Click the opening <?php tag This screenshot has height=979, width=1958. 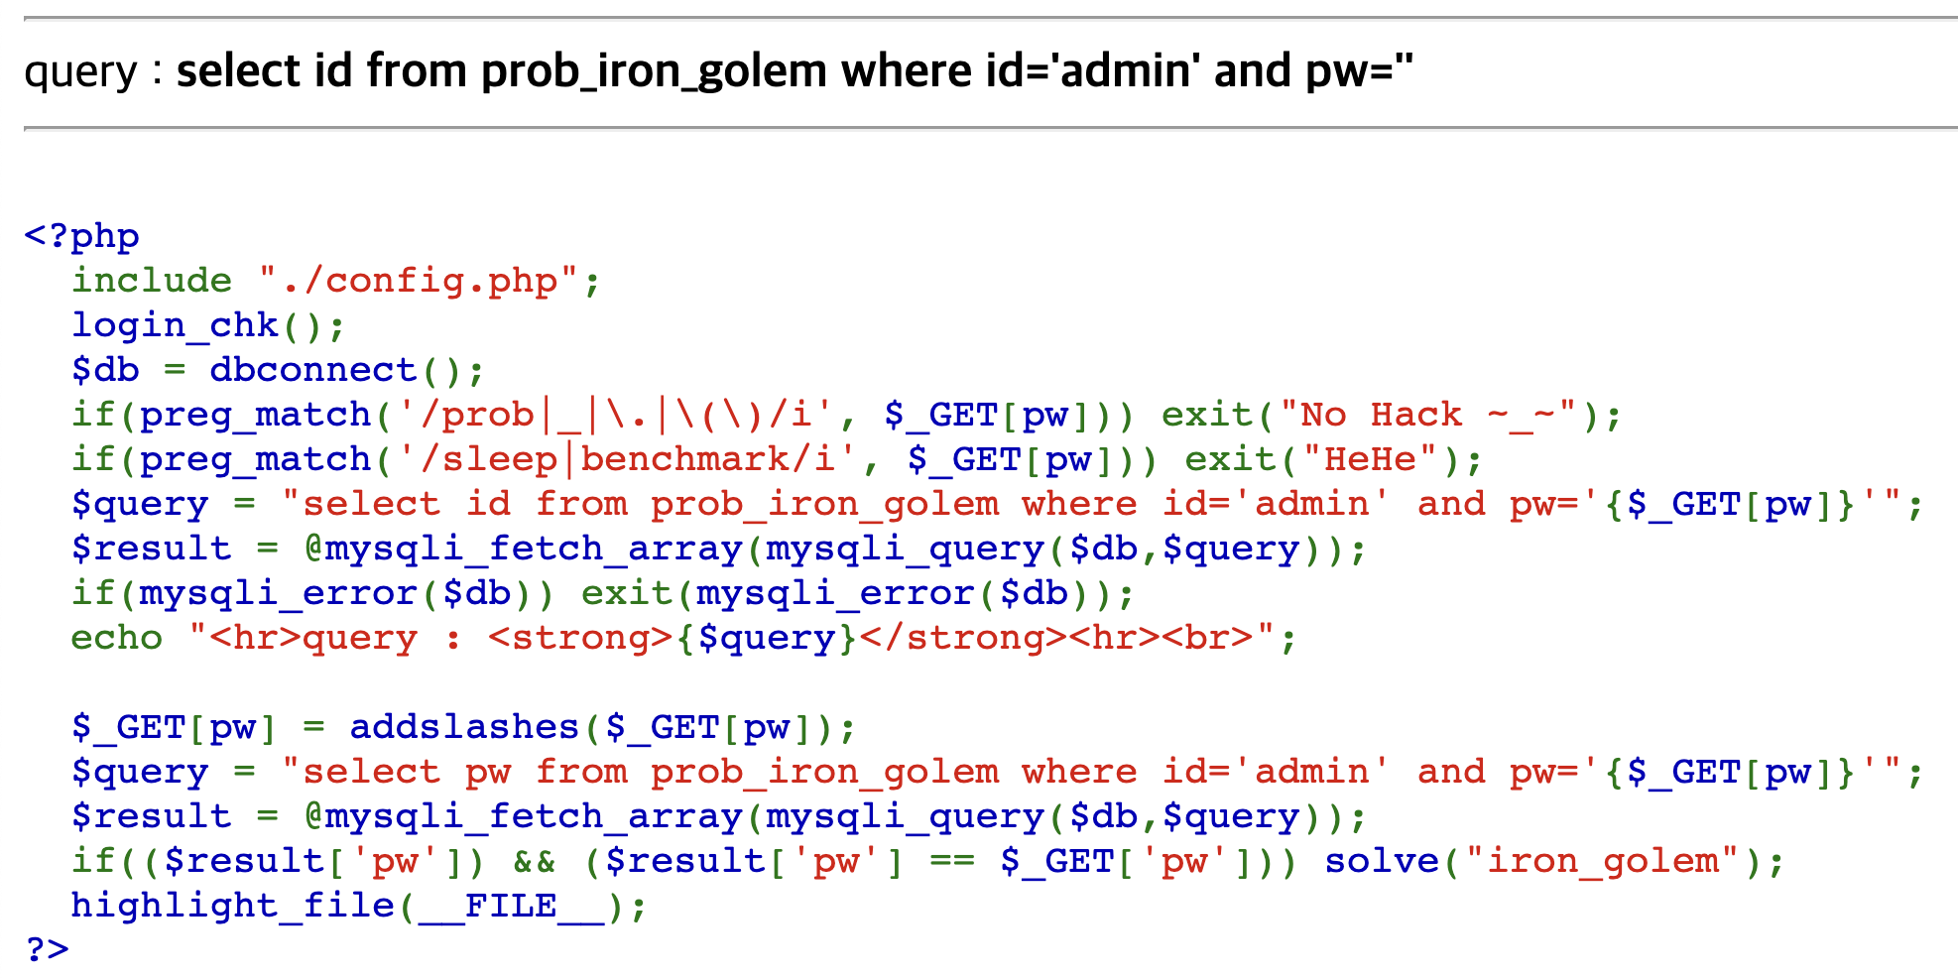coord(81,236)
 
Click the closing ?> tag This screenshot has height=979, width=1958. coord(47,949)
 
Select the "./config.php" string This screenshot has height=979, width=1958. coord(418,281)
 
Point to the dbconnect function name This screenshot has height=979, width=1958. coord(312,370)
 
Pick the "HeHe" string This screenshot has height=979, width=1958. coord(1370,459)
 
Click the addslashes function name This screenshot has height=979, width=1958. coord(463,727)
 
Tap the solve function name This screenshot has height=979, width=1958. coord(1381,861)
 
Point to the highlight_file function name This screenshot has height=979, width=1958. coord(233,906)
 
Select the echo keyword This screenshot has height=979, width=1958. coord(116,638)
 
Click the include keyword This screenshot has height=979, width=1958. coord(152,281)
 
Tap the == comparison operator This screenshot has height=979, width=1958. coord(951,861)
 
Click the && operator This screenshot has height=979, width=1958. coord(534,861)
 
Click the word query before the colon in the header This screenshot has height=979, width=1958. coord(80,72)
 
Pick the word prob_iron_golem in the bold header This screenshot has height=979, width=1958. coord(654,72)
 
